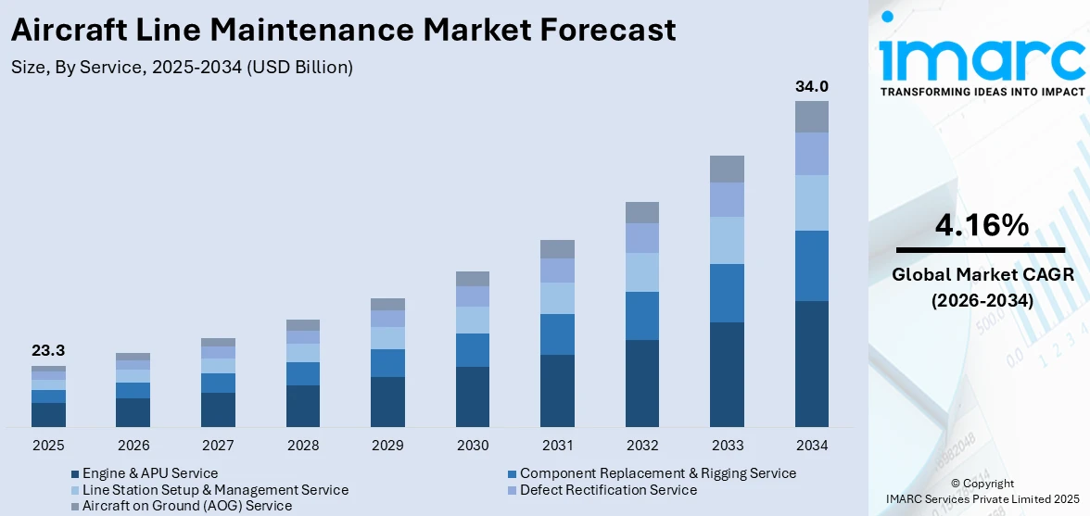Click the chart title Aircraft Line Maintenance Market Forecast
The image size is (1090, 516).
click(342, 31)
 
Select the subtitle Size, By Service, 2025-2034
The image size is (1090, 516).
click(182, 67)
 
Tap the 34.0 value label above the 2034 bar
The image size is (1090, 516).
click(811, 86)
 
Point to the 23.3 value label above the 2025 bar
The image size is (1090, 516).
click(48, 350)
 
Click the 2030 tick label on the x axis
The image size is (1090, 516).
click(473, 446)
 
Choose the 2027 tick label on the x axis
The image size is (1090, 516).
click(218, 446)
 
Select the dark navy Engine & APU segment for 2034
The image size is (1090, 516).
click(811, 363)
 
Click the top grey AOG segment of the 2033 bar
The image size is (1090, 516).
click(727, 169)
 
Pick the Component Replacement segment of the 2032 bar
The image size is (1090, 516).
click(641, 316)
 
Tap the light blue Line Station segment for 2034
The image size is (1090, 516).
click(811, 203)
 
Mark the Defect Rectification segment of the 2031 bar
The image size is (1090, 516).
click(557, 271)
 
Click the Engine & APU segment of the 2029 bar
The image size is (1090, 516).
click(387, 401)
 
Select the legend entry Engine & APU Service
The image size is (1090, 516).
click(149, 473)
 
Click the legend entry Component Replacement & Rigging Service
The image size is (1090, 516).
click(657, 473)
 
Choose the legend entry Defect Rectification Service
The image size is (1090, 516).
click(608, 489)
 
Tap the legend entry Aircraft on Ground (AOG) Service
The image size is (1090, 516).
click(186, 506)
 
